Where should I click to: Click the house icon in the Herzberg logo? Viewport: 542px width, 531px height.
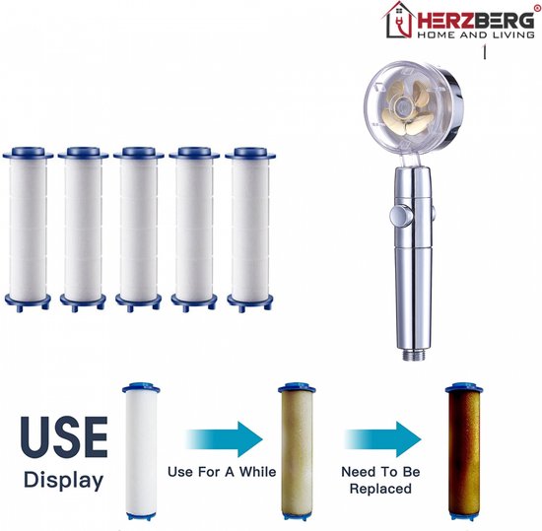(x=398, y=20)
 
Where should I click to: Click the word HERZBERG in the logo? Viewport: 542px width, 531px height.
(x=476, y=21)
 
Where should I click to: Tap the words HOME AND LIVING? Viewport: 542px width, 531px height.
(x=476, y=34)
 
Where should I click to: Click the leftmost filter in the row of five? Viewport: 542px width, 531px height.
(x=28, y=230)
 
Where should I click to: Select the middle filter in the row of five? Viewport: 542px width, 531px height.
(x=139, y=230)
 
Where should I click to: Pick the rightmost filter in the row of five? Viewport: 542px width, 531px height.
(x=250, y=230)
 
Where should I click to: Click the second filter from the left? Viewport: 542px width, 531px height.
(x=83, y=230)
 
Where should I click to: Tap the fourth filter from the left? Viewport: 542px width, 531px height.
(x=194, y=230)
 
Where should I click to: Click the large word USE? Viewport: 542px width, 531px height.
(x=64, y=437)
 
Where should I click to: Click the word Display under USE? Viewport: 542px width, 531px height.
(x=64, y=481)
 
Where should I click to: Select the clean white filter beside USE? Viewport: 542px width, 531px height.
(x=141, y=451)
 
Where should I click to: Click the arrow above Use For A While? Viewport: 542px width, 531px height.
(x=224, y=439)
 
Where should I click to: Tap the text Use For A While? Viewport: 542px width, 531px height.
(x=222, y=472)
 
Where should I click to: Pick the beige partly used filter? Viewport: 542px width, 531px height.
(x=297, y=451)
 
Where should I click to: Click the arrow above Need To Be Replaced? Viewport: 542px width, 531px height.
(x=383, y=439)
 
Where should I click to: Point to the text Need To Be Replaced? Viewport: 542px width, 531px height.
(x=380, y=480)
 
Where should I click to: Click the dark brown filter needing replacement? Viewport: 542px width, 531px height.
(x=464, y=451)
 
